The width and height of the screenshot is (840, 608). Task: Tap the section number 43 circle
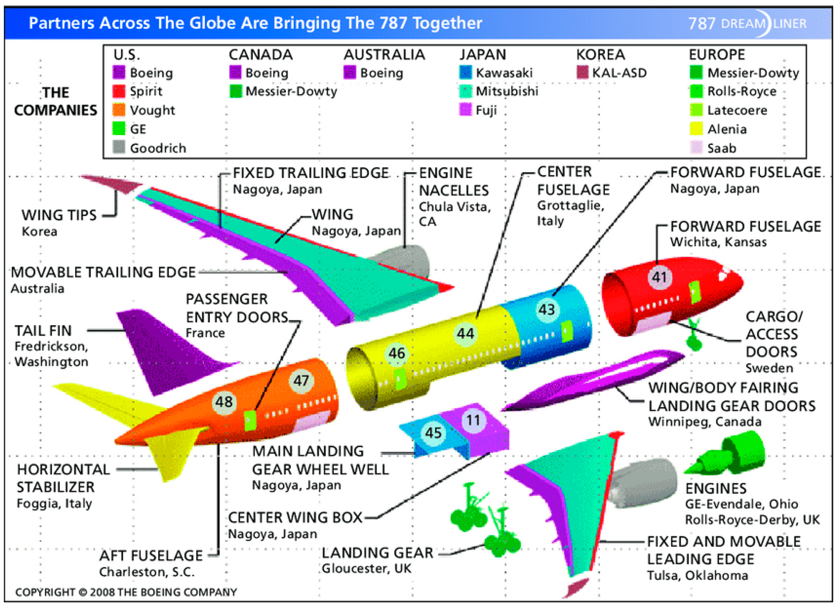pos(547,309)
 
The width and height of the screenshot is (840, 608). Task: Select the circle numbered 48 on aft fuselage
pos(224,402)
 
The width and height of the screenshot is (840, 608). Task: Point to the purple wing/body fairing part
pos(593,381)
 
